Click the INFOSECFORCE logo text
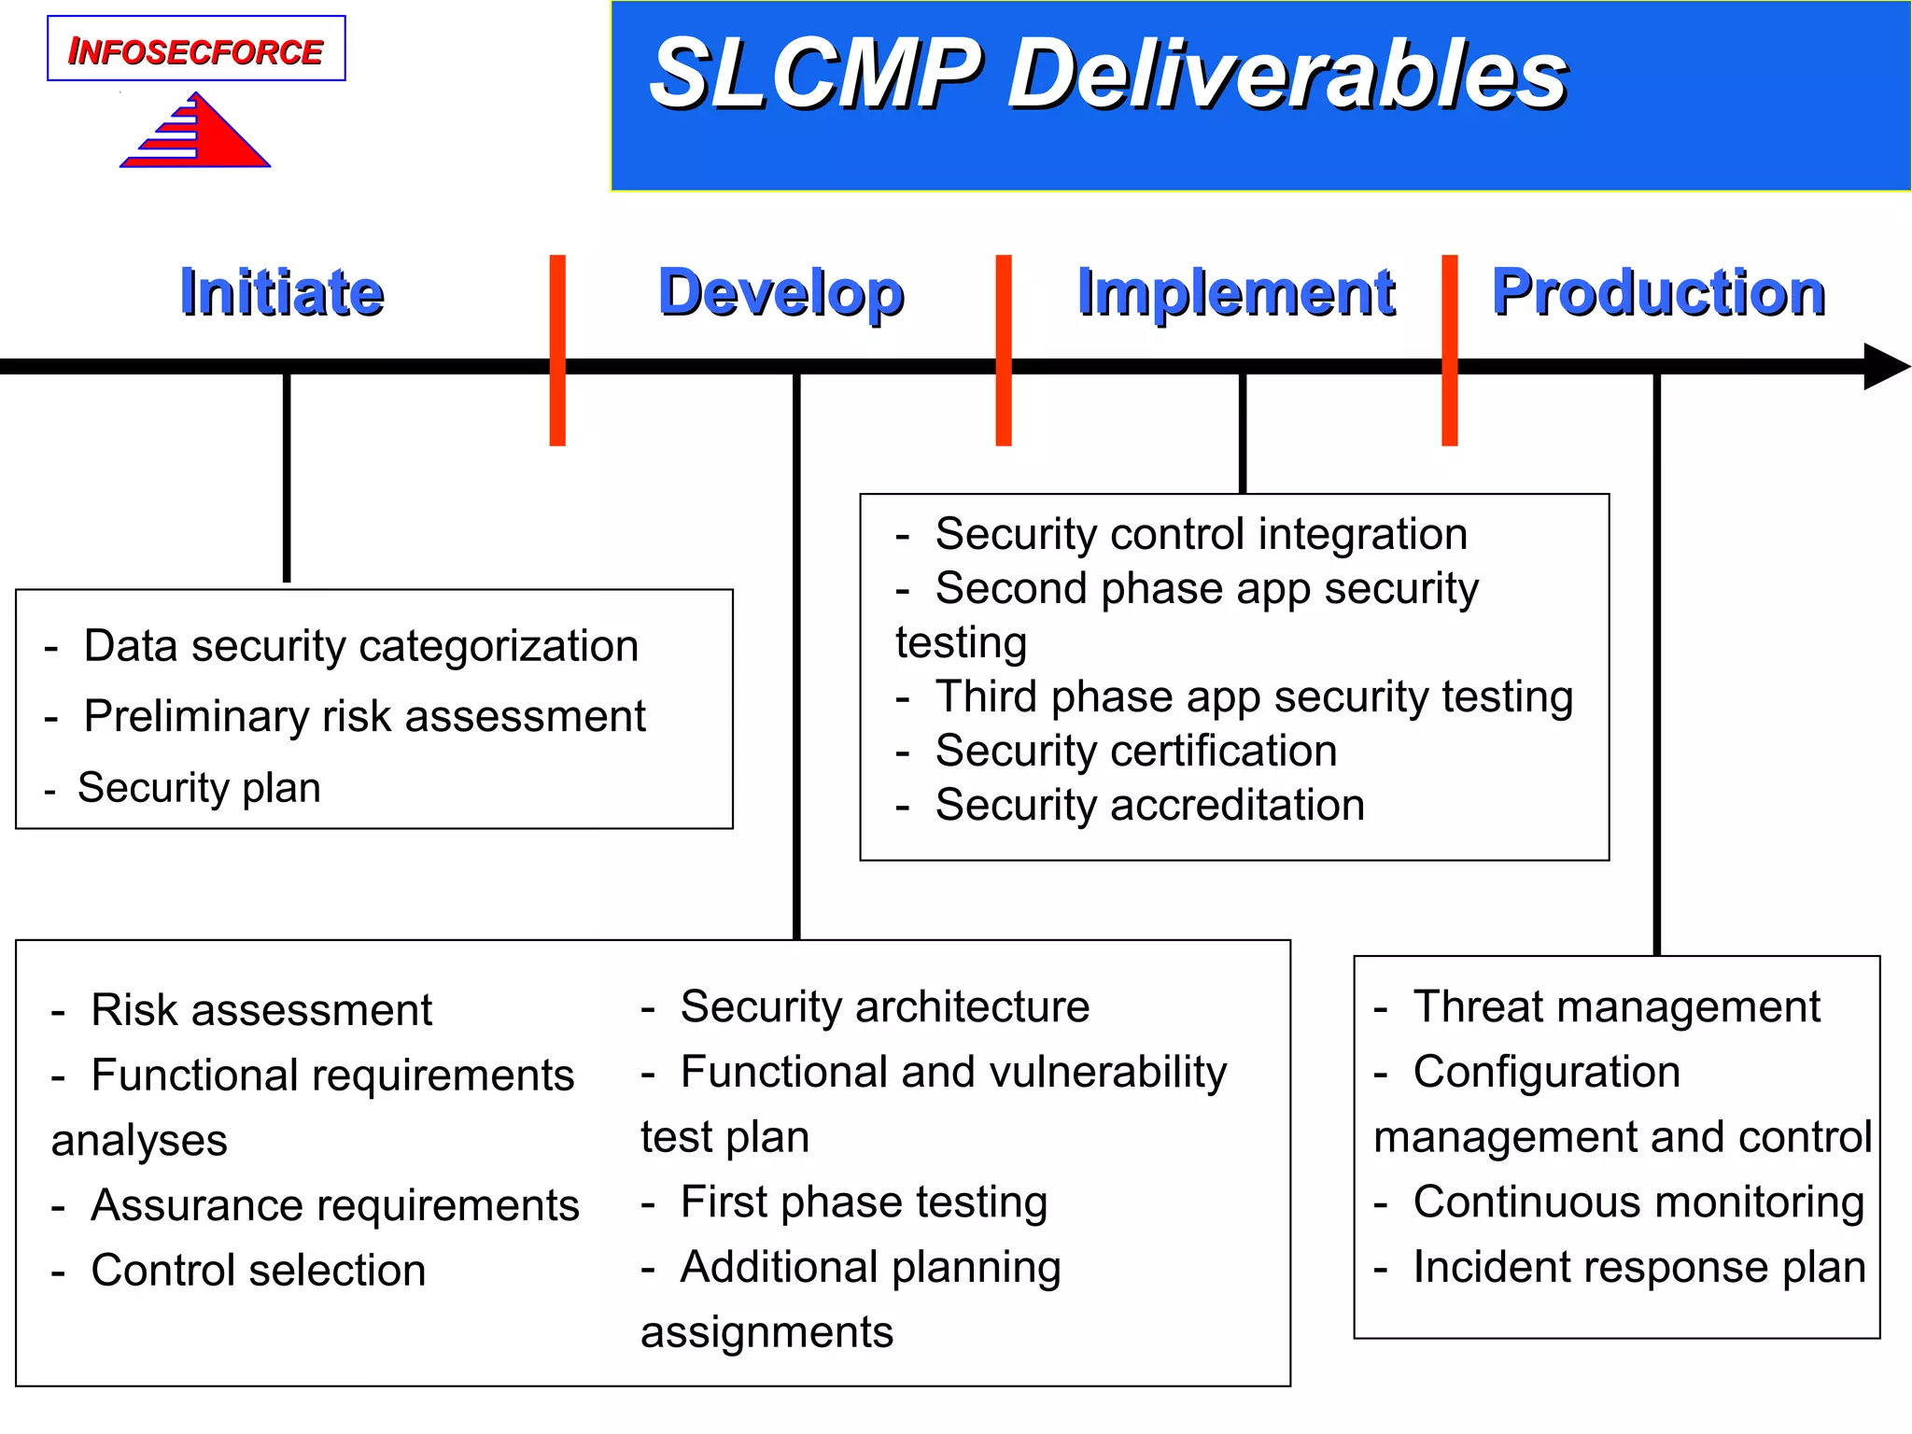(x=196, y=50)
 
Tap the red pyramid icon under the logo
(x=201, y=135)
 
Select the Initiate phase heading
(x=282, y=293)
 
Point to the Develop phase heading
(x=780, y=293)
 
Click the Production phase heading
(x=1658, y=293)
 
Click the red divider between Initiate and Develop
(x=557, y=350)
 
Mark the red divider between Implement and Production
(x=1449, y=350)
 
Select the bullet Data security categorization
(x=360, y=646)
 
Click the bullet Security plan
(x=199, y=788)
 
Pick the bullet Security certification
(x=1135, y=751)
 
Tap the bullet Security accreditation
(x=1149, y=805)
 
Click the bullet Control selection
(x=258, y=1271)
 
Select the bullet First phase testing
(x=863, y=1202)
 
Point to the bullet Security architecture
(x=884, y=1006)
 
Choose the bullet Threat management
(x=1616, y=1006)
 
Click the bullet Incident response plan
(x=1638, y=1268)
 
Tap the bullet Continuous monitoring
(x=1638, y=1202)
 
